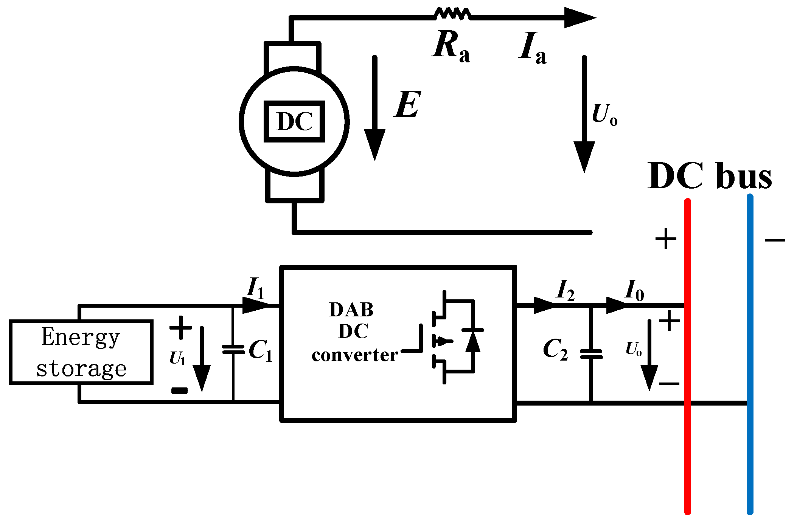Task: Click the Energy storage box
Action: pyautogui.click(x=81, y=352)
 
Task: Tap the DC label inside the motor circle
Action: pyautogui.click(x=294, y=122)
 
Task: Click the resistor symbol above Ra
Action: pyautogui.click(x=452, y=14)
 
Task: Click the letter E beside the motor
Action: pyautogui.click(x=408, y=104)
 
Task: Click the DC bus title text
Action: pyautogui.click(x=709, y=176)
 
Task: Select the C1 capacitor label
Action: pyautogui.click(x=260, y=350)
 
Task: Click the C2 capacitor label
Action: pyautogui.click(x=555, y=349)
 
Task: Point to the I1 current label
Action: pyautogui.click(x=255, y=288)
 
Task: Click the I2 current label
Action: pyautogui.click(x=566, y=290)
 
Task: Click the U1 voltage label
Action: pyautogui.click(x=177, y=358)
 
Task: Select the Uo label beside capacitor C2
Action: pyautogui.click(x=633, y=348)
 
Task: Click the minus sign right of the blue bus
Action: pyautogui.click(x=775, y=240)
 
